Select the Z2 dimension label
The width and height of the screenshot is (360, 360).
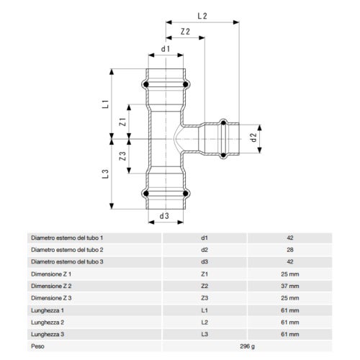click(x=185, y=32)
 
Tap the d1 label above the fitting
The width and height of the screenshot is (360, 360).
click(x=165, y=50)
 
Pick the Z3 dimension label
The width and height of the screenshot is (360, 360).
click(x=123, y=155)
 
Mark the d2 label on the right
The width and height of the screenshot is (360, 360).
click(x=253, y=136)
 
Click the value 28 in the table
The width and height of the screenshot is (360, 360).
click(x=289, y=249)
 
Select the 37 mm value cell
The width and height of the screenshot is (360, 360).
click(x=289, y=286)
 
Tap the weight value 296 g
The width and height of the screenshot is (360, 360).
click(x=247, y=346)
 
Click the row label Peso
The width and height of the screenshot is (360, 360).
click(x=38, y=346)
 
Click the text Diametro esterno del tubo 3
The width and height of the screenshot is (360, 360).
click(x=67, y=261)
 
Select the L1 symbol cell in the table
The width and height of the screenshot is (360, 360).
click(x=204, y=310)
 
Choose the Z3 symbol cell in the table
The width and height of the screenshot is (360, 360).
click(x=204, y=297)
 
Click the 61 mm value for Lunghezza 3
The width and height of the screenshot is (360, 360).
click(x=289, y=334)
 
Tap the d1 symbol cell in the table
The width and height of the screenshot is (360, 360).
click(x=204, y=237)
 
